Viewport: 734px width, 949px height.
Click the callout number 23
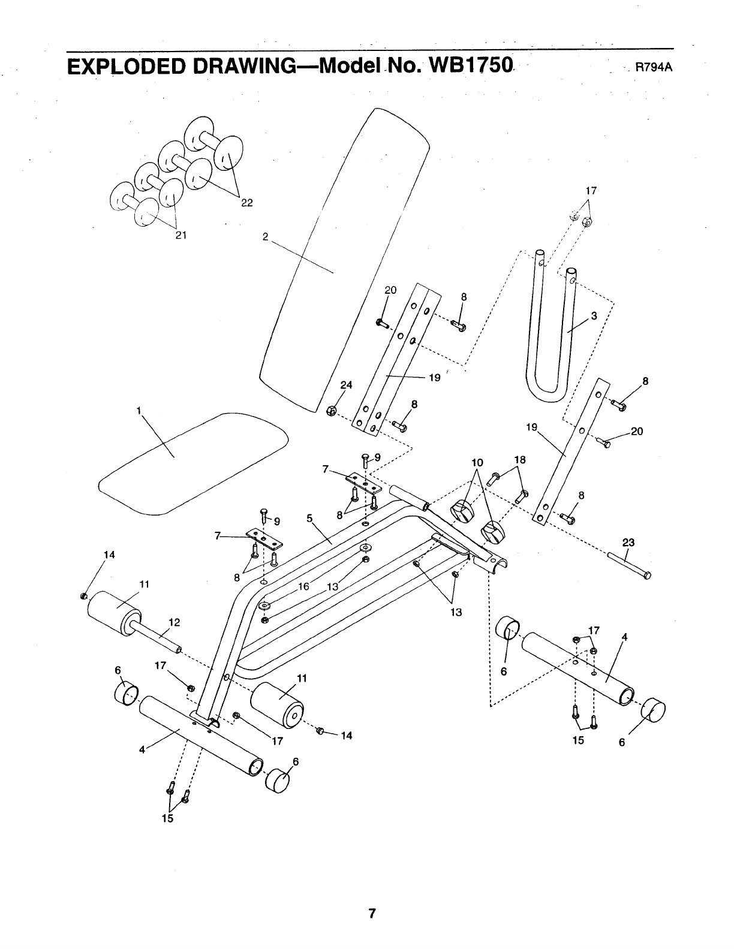click(628, 543)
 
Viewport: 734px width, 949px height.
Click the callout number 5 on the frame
click(310, 518)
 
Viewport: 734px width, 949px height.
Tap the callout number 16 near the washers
click(303, 586)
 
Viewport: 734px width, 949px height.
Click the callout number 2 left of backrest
click(265, 236)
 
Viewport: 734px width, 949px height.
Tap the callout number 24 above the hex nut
click(347, 385)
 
